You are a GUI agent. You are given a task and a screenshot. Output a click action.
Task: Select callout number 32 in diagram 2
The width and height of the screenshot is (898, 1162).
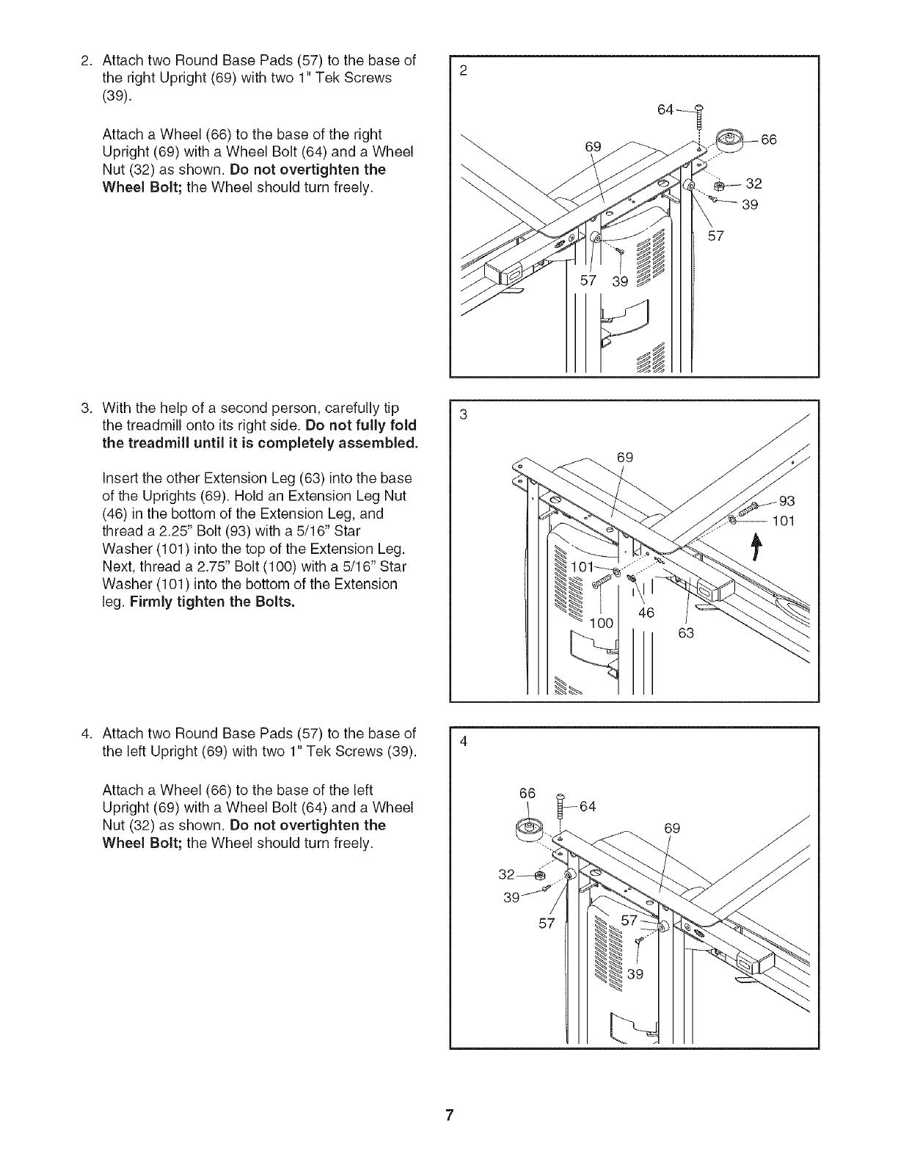coord(753,184)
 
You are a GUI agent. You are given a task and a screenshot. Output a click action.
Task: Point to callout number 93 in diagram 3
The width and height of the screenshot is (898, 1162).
coord(786,502)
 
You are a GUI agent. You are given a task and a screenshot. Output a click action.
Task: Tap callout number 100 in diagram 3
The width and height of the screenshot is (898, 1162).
coord(602,624)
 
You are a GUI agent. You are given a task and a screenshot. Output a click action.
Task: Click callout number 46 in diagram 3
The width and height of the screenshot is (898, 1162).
coord(646,613)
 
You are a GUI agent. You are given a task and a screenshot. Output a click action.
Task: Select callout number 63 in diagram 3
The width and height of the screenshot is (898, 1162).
coord(685,632)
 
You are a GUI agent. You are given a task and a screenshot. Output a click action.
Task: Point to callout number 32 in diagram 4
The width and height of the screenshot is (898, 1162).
coord(506,874)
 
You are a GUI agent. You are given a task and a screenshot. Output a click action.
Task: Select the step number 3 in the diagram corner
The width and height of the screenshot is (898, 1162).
coord(463,414)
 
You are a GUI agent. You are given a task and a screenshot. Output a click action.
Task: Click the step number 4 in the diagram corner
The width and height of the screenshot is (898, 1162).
coord(463,740)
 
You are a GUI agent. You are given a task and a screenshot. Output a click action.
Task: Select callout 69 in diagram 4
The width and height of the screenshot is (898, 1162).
coord(673,829)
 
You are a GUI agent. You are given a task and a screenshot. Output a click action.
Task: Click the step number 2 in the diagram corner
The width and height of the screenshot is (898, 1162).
coord(463,70)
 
